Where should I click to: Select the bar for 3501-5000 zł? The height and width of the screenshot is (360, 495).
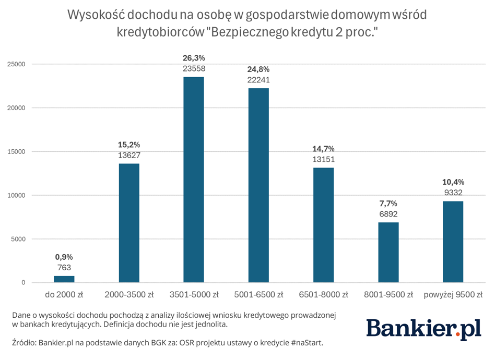194,179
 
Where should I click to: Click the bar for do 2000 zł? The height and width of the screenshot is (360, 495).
64,279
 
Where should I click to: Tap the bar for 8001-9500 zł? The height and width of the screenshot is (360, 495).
388,253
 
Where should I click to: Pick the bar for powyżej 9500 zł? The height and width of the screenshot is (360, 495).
453,242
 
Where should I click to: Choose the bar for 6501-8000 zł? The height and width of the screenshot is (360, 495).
323,225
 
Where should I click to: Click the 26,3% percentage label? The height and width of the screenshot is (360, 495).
194,58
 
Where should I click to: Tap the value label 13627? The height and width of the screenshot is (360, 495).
129,155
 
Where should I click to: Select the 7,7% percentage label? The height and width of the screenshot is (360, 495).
388,203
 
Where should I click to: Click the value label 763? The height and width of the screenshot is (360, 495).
64,267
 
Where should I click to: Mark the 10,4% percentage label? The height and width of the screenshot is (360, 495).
453,182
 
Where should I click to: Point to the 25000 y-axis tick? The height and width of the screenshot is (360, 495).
16,64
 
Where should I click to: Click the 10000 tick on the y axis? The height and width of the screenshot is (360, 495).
16,195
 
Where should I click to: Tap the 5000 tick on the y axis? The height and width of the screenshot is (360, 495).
18,239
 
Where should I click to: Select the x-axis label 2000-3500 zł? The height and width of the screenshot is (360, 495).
129,295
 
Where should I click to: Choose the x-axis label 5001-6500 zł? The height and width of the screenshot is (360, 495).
258,295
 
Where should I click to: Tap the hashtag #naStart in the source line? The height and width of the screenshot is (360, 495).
308,343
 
